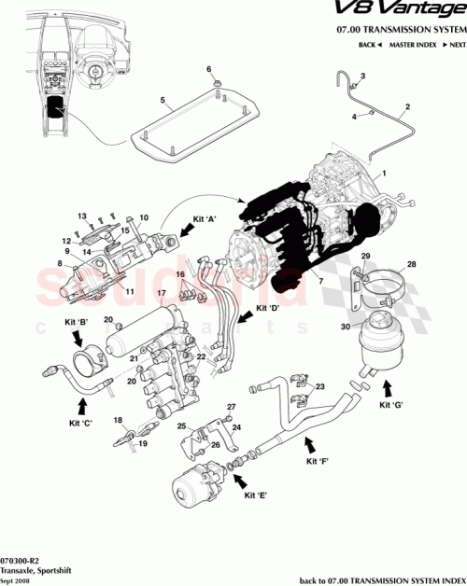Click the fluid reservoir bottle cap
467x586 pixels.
[380, 319]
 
